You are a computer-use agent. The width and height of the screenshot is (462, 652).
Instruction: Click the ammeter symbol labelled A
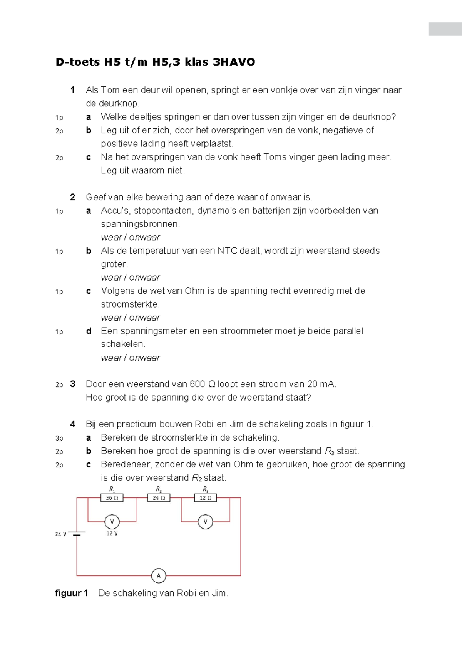coord(159,575)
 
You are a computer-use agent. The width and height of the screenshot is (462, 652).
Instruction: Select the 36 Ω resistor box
coord(112,498)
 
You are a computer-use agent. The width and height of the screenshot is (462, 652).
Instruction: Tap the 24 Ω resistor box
coord(159,498)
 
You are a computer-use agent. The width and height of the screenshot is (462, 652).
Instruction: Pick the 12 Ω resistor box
coord(205,498)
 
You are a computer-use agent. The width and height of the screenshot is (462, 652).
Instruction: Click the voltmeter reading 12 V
coord(112,522)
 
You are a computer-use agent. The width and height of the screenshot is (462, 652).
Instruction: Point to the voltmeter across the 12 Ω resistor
coord(205,522)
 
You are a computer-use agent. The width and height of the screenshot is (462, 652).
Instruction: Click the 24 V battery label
coord(61,534)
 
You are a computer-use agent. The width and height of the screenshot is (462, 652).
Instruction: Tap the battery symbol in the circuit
coord(77,534)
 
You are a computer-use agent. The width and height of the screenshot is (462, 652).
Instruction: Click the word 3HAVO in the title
coord(234,62)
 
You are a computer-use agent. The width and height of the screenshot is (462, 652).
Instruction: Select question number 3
coord(73,384)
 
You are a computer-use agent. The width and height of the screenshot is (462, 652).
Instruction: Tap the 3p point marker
coord(59,438)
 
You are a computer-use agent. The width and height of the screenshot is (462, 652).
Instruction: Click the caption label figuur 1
coord(72,593)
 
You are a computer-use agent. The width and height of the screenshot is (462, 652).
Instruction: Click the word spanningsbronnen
coord(140,224)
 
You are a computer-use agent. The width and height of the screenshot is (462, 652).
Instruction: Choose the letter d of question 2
coord(89,331)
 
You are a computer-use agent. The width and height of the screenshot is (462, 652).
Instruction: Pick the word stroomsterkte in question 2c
coord(130,304)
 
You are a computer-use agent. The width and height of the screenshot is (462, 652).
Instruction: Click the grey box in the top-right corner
coord(445,29)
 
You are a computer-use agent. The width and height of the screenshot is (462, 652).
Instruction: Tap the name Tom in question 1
coord(110,90)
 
